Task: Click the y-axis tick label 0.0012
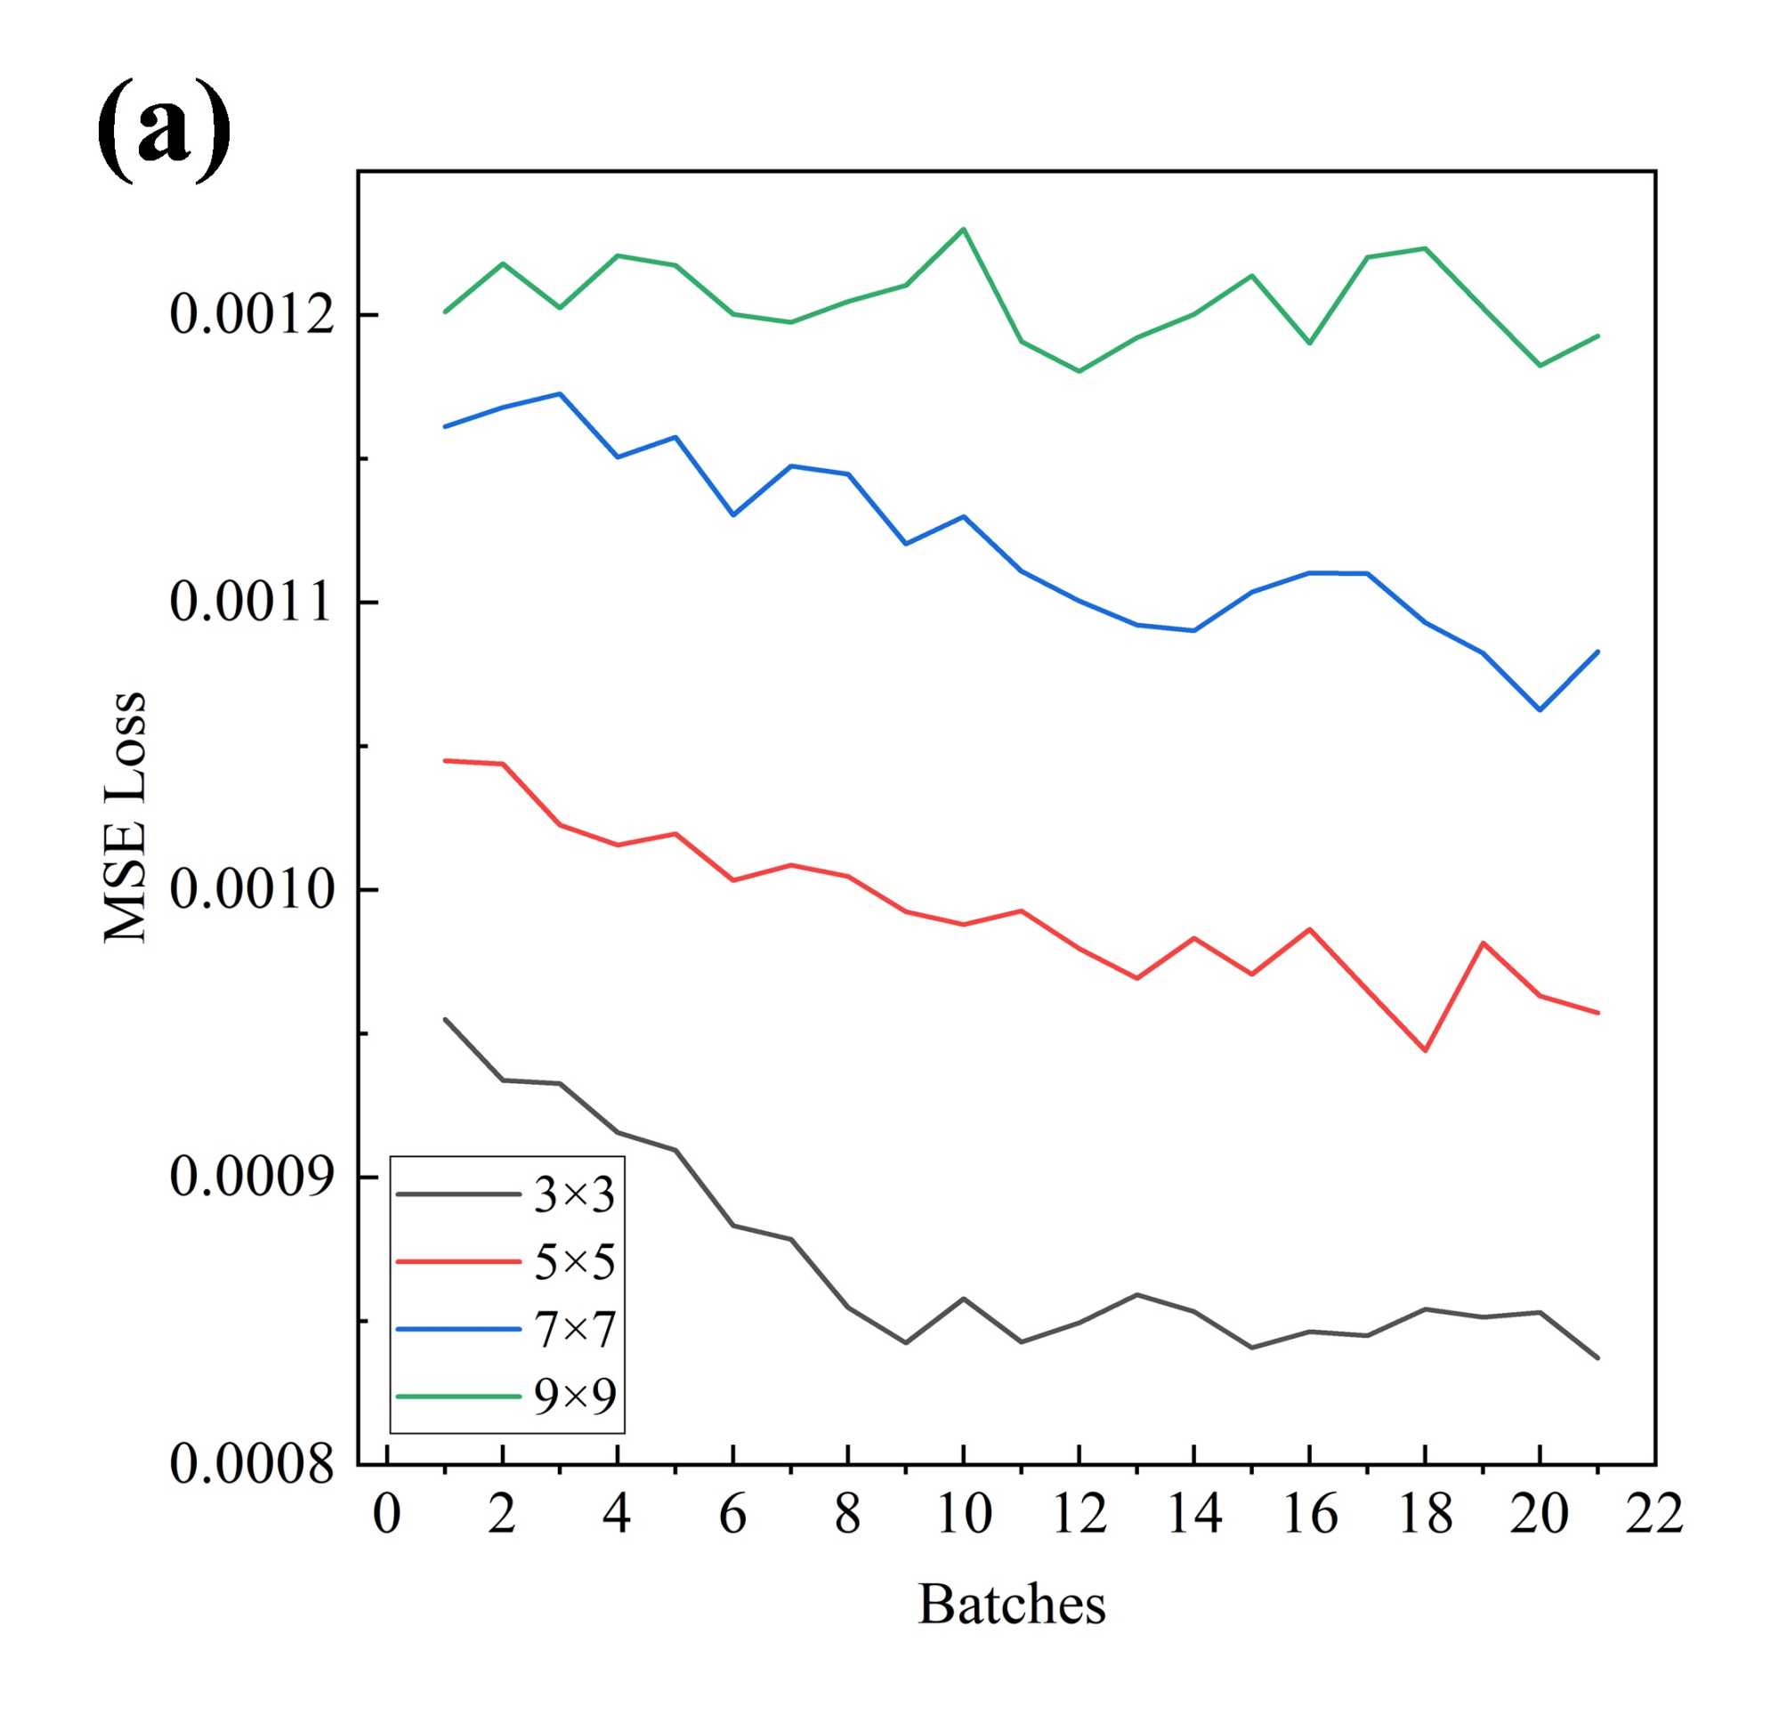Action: (x=252, y=315)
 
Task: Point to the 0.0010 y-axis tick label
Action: (x=252, y=890)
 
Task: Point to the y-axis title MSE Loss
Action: (x=125, y=817)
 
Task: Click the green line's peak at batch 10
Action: (x=963, y=229)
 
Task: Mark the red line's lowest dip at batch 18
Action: (x=1425, y=1050)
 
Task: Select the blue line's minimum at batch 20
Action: (x=1540, y=710)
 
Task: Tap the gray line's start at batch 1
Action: (x=445, y=1019)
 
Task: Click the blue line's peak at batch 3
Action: (x=560, y=393)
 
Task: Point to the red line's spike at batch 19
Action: (x=1482, y=943)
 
